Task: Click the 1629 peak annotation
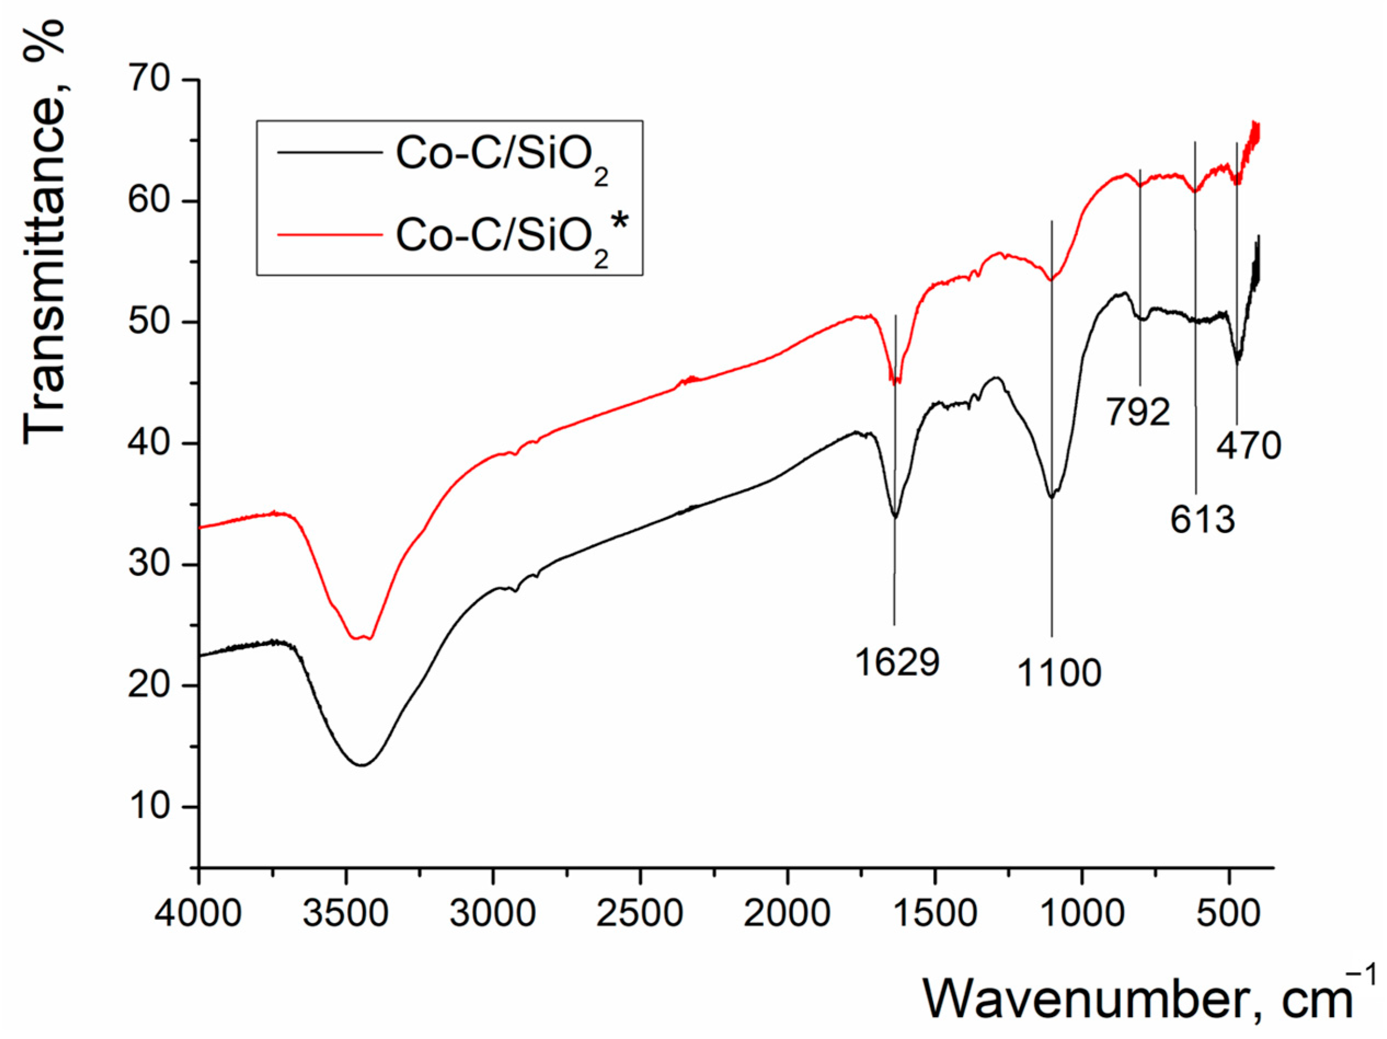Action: click(x=897, y=662)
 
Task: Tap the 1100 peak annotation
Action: click(x=1059, y=673)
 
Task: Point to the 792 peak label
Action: click(x=1138, y=412)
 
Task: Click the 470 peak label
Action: click(x=1249, y=447)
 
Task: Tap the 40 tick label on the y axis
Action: click(x=149, y=443)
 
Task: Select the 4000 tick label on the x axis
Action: click(x=198, y=913)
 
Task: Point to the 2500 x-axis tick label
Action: click(x=640, y=913)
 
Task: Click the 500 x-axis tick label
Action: click(x=1228, y=913)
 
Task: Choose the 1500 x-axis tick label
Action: click(x=934, y=913)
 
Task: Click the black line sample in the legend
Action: click(x=330, y=152)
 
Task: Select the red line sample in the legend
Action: click(x=330, y=235)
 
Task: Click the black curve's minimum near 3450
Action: click(x=362, y=764)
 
